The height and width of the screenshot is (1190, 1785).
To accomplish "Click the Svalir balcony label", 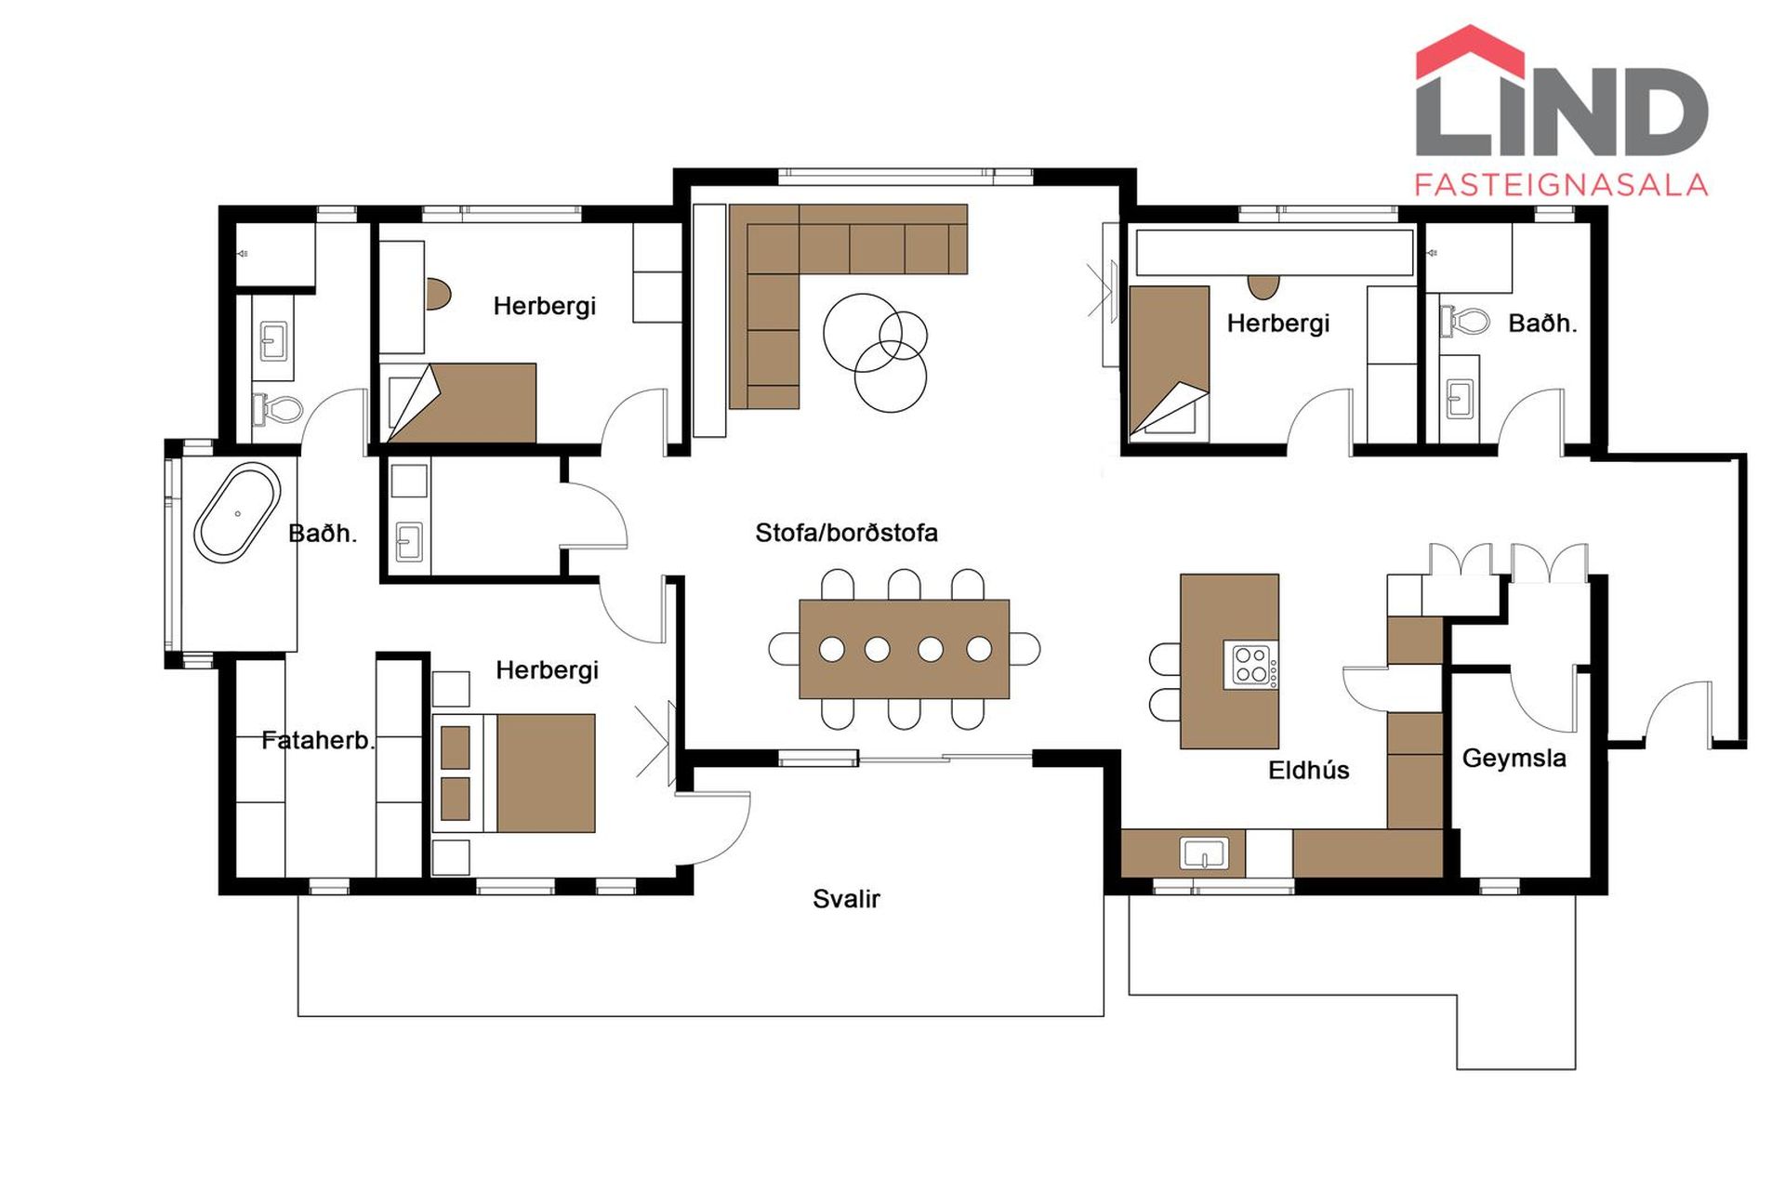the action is (846, 899).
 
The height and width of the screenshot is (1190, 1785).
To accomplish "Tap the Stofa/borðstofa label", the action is (846, 533).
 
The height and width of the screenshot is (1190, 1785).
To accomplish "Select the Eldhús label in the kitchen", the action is (1308, 770).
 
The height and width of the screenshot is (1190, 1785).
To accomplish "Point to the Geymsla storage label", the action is (1514, 759).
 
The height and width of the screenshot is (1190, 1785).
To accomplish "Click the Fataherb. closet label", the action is (317, 740).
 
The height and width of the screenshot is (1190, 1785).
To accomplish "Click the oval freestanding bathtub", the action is (237, 512).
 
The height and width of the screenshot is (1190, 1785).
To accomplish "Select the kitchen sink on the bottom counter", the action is (1204, 853).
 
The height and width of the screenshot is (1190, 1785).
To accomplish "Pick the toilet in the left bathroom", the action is (278, 409).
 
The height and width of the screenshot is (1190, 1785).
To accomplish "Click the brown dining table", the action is (904, 649).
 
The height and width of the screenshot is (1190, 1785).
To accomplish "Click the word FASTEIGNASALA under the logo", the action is (1561, 184).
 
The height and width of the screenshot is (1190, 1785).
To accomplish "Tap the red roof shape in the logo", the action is (1470, 52).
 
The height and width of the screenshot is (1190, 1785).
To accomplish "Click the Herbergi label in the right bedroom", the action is (1278, 324).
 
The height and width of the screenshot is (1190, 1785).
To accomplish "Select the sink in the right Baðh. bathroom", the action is (1460, 400).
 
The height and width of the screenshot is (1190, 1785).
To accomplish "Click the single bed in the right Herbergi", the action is (1169, 363).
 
